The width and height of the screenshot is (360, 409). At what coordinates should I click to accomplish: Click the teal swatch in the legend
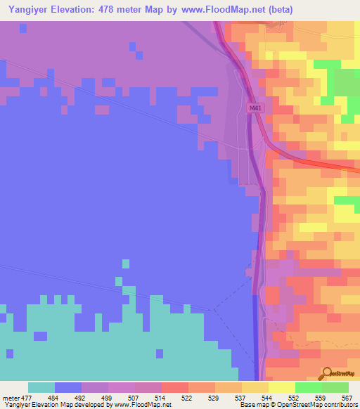(41, 387)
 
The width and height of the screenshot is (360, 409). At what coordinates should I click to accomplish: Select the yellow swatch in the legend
(282, 387)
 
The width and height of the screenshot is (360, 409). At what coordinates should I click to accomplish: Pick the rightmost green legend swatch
(335, 387)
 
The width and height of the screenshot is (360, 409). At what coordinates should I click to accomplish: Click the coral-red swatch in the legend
(175, 387)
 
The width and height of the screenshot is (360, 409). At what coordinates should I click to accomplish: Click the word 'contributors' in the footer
(340, 405)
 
